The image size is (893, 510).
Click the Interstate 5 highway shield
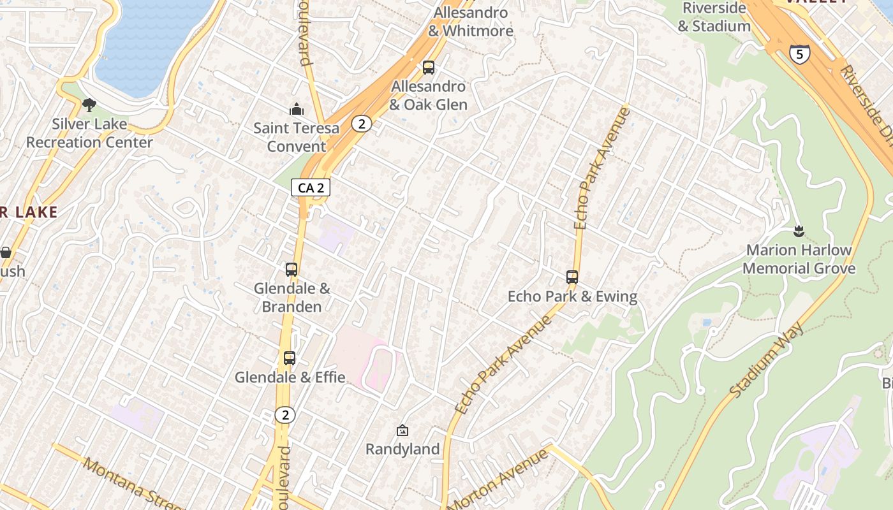(x=799, y=54)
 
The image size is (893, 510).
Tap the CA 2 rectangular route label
(x=311, y=187)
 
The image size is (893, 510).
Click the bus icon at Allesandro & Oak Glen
(x=429, y=68)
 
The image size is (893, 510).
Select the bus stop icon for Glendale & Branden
(x=292, y=270)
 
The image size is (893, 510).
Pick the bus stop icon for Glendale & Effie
(x=290, y=358)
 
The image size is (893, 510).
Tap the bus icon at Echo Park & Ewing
(x=572, y=277)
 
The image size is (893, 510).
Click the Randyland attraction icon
(x=402, y=431)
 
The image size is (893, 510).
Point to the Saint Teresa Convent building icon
(x=297, y=110)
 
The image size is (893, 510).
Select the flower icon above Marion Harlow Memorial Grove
(x=798, y=231)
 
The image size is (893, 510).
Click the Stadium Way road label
(x=766, y=361)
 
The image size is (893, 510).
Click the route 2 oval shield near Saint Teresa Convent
(x=362, y=124)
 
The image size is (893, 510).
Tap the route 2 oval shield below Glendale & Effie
(x=285, y=415)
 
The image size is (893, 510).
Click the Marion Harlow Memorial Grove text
(x=799, y=259)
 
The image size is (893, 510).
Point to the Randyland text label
(x=402, y=449)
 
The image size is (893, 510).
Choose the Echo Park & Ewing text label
(x=572, y=296)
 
